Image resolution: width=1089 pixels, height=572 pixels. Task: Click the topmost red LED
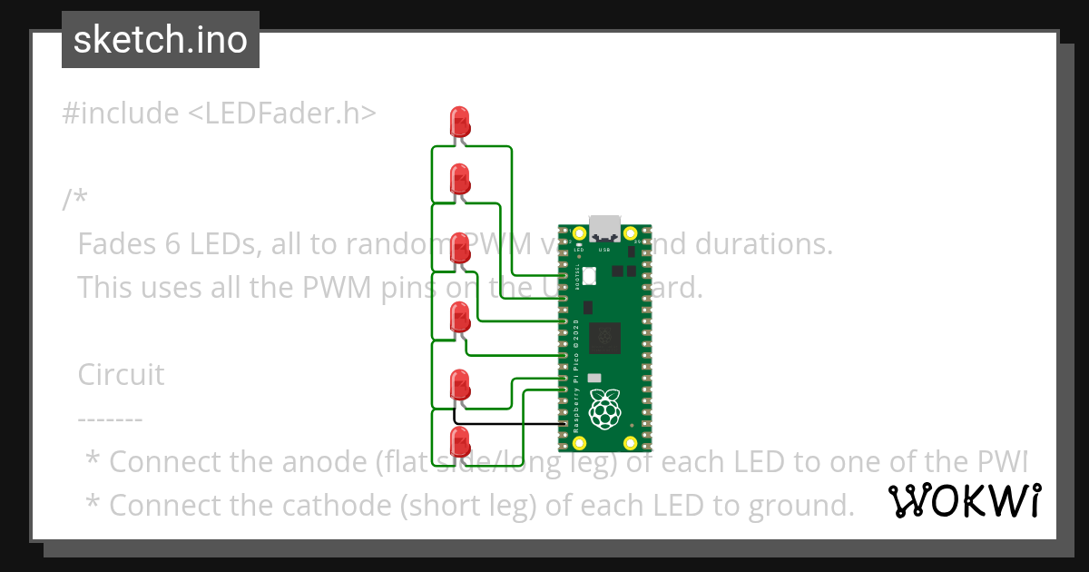pyautogui.click(x=460, y=121)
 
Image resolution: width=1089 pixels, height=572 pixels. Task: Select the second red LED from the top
pyautogui.click(x=460, y=177)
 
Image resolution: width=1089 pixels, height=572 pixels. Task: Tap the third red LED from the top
pyautogui.click(x=460, y=246)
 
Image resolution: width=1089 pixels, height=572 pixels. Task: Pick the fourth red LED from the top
pyautogui.click(x=460, y=315)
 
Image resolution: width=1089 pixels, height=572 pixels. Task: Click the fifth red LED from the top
pyautogui.click(x=460, y=384)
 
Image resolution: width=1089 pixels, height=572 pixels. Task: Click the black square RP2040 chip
pyautogui.click(x=603, y=338)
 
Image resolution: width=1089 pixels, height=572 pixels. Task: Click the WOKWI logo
pyautogui.click(x=965, y=500)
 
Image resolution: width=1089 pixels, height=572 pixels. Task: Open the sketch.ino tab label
pyautogui.click(x=161, y=40)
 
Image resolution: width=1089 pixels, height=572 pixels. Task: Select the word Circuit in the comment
pyautogui.click(x=121, y=374)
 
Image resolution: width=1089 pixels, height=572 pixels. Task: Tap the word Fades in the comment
pyautogui.click(x=116, y=244)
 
